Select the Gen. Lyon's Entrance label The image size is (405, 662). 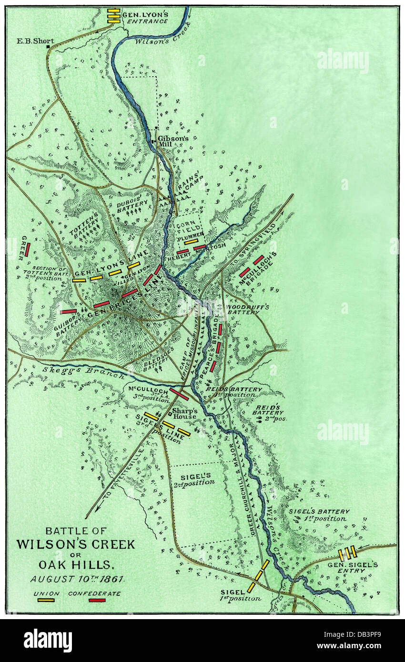pyautogui.click(x=145, y=18)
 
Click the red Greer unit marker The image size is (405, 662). pyautogui.click(x=28, y=249)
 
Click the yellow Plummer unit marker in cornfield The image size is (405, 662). pyautogui.click(x=191, y=241)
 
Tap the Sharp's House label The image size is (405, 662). pyautogui.click(x=184, y=413)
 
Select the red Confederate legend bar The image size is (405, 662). pyautogui.click(x=97, y=600)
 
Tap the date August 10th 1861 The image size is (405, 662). pyautogui.click(x=77, y=579)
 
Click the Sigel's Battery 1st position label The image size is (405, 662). pyautogui.click(x=319, y=515)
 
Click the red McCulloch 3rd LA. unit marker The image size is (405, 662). pyautogui.click(x=179, y=394)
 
